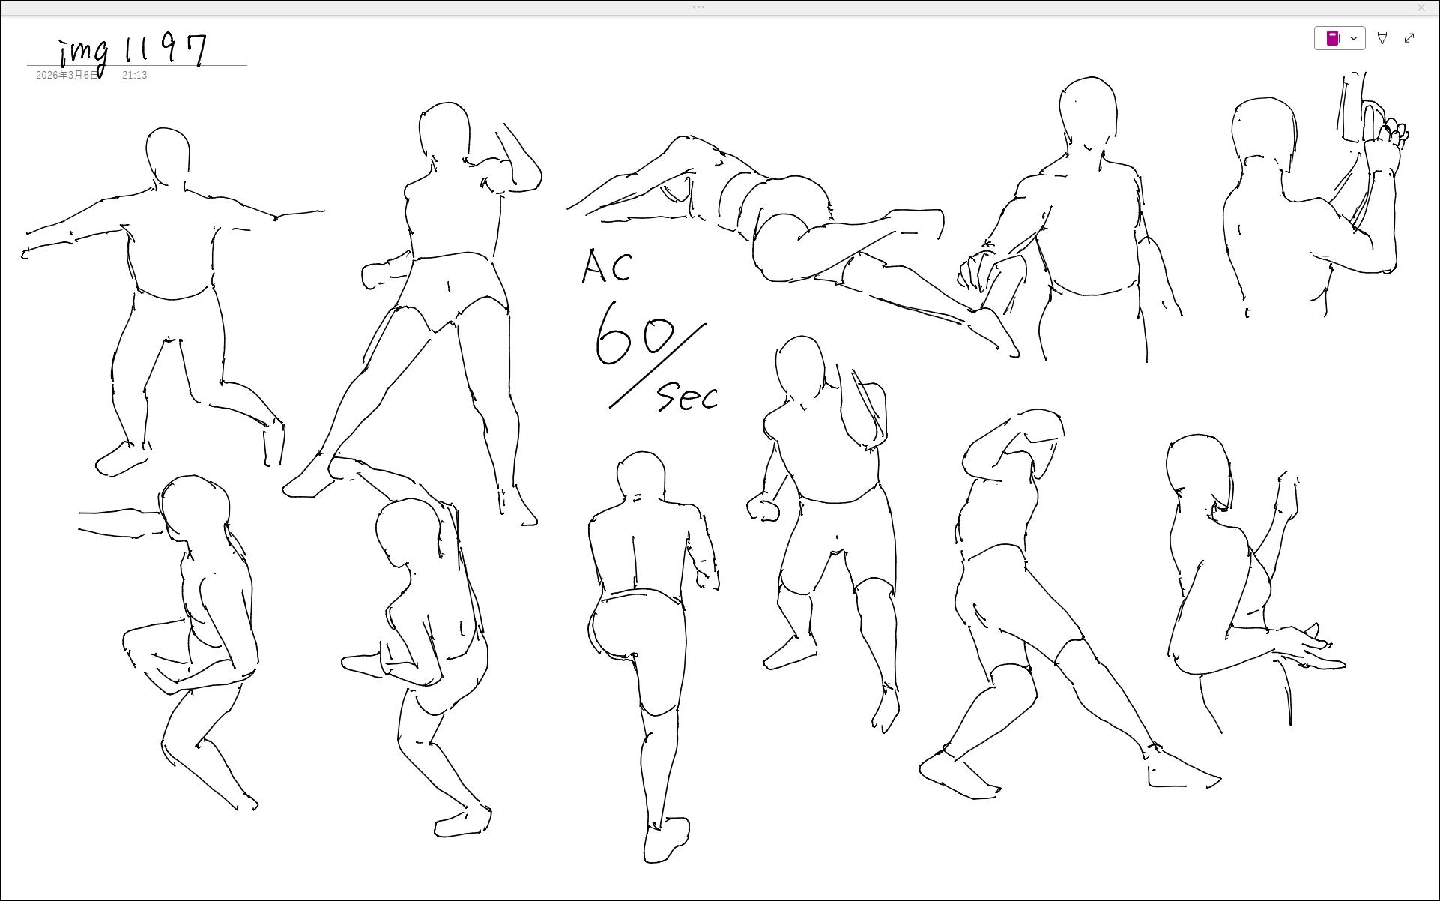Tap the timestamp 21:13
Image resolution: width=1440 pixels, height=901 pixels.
(135, 76)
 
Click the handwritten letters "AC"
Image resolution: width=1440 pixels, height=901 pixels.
(607, 266)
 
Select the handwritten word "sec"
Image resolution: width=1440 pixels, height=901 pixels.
(688, 396)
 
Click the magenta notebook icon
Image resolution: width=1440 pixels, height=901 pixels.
(1333, 38)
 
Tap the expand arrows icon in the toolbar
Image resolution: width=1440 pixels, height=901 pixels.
(1409, 38)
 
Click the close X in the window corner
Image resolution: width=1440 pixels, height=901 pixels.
(1421, 7)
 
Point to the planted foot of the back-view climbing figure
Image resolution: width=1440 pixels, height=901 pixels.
(666, 840)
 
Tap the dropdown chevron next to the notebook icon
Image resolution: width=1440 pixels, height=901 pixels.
(1354, 38)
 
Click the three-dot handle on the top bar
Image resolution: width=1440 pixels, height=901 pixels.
(698, 7)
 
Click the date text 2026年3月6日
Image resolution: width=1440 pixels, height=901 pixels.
(67, 76)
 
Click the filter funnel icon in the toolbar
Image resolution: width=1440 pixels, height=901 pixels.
(1382, 38)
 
